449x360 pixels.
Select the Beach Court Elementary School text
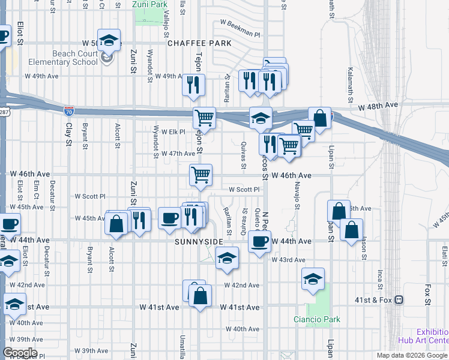click(x=75, y=58)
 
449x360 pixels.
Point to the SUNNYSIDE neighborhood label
click(x=199, y=242)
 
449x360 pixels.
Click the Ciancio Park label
click(x=317, y=319)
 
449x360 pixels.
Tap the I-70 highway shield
click(x=69, y=110)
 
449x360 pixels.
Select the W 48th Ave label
click(x=378, y=106)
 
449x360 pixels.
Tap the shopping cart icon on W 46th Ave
click(x=200, y=175)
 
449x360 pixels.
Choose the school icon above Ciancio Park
click(x=313, y=279)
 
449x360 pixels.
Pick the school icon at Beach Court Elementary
click(x=109, y=41)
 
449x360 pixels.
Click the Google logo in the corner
click(x=20, y=353)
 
